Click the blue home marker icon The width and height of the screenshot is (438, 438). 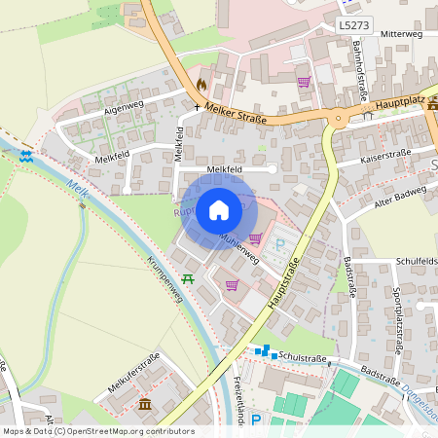219,209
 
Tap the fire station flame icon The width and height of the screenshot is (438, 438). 201,84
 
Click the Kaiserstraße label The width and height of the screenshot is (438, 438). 386,153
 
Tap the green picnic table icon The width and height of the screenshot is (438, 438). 188,278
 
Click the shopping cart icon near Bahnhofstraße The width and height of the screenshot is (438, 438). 304,82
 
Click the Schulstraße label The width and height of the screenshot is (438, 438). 299,357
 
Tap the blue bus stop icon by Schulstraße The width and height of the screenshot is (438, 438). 261,350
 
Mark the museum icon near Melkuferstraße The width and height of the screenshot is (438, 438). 145,404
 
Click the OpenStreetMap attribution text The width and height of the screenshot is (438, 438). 97,431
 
